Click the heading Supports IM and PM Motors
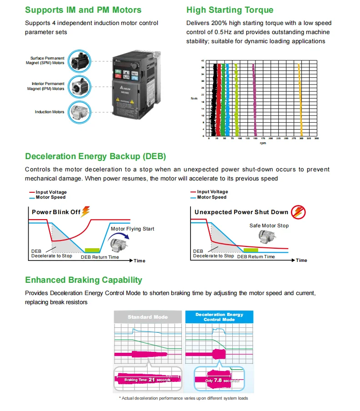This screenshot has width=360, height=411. click(x=83, y=10)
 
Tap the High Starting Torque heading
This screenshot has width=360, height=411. click(x=230, y=10)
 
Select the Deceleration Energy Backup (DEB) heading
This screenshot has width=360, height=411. click(x=95, y=156)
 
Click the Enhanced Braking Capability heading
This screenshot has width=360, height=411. click(x=84, y=280)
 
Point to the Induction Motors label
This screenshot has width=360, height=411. click(x=50, y=112)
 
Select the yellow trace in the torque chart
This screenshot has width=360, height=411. click(x=300, y=100)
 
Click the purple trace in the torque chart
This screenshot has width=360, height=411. click(x=254, y=100)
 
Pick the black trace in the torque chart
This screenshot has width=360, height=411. click(x=214, y=100)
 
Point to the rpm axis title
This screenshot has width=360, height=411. click(x=263, y=143)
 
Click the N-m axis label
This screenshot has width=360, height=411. click(x=194, y=98)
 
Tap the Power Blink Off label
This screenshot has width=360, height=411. click(x=56, y=212)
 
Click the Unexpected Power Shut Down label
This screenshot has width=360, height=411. click(x=241, y=212)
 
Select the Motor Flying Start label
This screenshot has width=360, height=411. click(x=132, y=229)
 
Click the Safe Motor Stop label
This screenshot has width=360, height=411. click(x=269, y=226)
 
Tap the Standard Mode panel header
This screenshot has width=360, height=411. click(x=148, y=317)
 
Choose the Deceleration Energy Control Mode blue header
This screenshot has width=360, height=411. click(x=219, y=317)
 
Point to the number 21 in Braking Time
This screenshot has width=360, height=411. click(x=152, y=379)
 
